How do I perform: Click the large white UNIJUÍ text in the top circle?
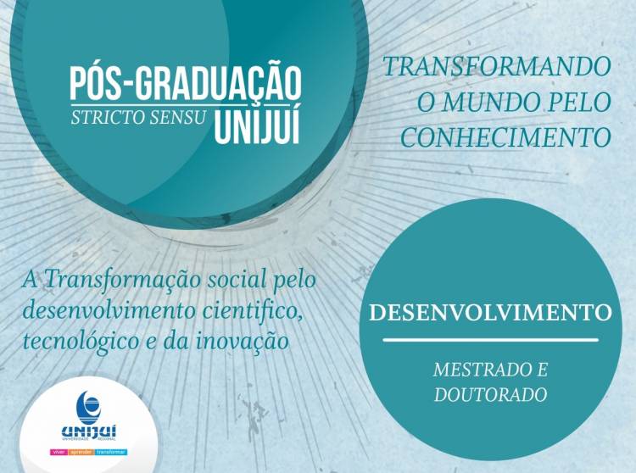click(x=257, y=125)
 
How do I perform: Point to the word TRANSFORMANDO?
click(x=497, y=66)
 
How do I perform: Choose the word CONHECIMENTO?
click(x=505, y=137)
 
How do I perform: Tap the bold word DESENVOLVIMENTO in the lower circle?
click(x=490, y=313)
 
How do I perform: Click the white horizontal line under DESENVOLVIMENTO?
click(x=490, y=340)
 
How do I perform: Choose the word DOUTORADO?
click(x=490, y=394)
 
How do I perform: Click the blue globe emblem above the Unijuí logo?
click(x=88, y=407)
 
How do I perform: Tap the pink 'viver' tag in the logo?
click(x=59, y=452)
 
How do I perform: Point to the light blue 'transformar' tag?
click(x=111, y=452)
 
